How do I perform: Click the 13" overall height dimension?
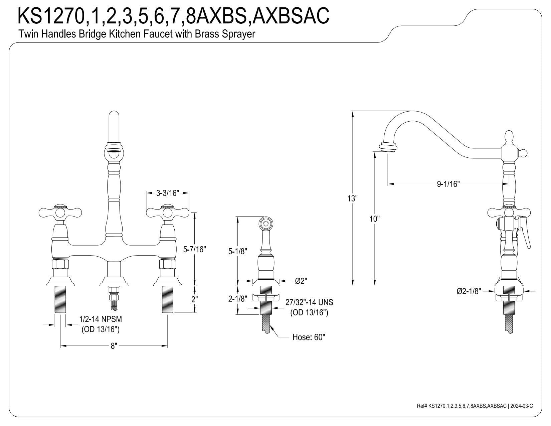click(352, 198)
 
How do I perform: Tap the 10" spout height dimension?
click(375, 219)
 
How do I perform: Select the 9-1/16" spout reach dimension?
click(448, 184)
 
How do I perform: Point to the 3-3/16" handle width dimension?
click(168, 193)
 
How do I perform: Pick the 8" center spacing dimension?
click(114, 346)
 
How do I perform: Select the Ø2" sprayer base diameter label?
click(301, 281)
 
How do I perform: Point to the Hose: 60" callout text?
click(309, 337)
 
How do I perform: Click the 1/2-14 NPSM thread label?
click(101, 319)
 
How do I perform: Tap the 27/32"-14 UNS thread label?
click(309, 302)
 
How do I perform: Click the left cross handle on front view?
click(60, 212)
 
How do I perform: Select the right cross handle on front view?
click(168, 212)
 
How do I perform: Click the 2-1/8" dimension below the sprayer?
click(237, 299)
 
